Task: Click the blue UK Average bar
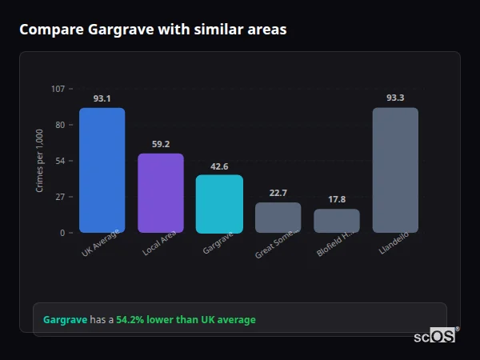coord(102,170)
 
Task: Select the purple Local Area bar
coord(161,193)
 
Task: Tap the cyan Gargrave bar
coord(219,203)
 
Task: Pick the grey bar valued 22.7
coord(278,217)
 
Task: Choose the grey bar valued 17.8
coord(337,220)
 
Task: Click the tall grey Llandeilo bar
coord(395,170)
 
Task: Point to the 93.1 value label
coord(102,98)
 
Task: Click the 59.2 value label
coord(161,144)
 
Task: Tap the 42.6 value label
coord(219,166)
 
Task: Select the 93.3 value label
coord(395,98)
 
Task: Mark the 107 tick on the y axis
coord(58,88)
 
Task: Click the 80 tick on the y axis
coord(61,124)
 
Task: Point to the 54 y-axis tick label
coord(61,161)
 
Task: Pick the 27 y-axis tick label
coord(61,197)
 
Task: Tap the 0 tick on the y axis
coord(63,233)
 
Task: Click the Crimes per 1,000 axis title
coord(40,160)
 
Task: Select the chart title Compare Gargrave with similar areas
coord(153,30)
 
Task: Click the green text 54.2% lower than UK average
coord(186,320)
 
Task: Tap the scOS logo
coord(435,336)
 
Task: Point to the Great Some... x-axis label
coord(277,242)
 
